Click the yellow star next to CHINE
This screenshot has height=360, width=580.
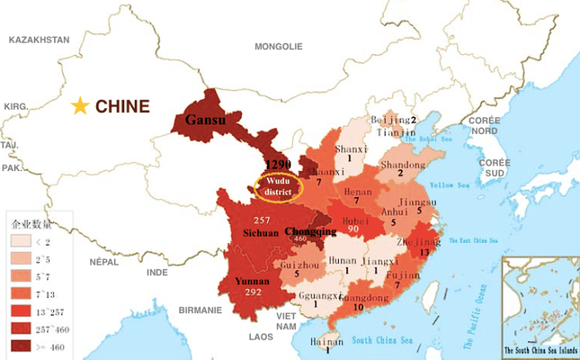click(x=80, y=107)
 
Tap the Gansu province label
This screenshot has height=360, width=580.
click(x=205, y=120)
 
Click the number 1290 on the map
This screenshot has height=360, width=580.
click(x=277, y=165)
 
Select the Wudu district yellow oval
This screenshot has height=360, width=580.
click(x=276, y=188)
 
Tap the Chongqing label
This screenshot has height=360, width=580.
click(x=311, y=231)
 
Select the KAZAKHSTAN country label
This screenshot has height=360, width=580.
click(x=39, y=39)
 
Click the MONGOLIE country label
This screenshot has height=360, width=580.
click(x=278, y=46)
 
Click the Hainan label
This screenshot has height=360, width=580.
click(x=327, y=341)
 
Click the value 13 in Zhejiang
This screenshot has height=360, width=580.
click(x=424, y=252)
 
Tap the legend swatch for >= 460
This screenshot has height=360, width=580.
click(x=20, y=347)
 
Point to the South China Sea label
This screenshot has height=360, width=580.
click(x=394, y=339)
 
